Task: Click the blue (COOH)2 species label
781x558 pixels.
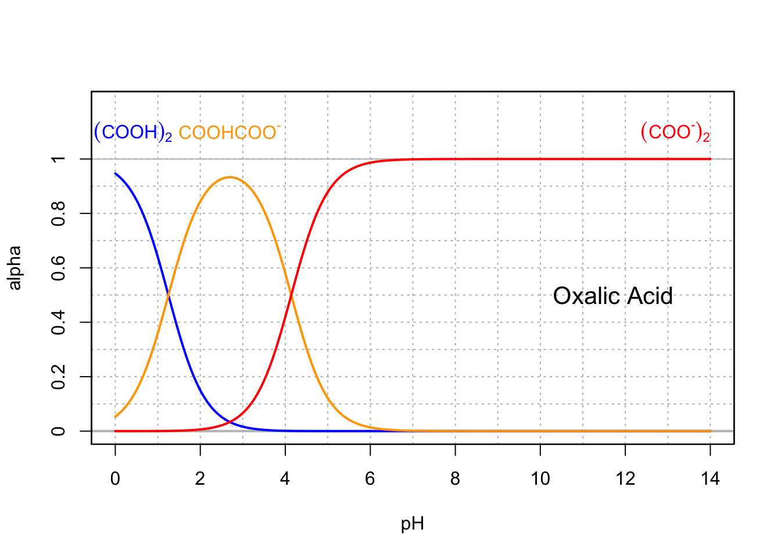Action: [132, 133]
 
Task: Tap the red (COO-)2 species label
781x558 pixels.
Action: [675, 133]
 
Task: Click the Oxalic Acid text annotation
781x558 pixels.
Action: [612, 296]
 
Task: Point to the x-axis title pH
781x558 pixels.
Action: [413, 524]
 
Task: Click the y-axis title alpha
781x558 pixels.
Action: [15, 268]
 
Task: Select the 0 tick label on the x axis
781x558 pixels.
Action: [115, 479]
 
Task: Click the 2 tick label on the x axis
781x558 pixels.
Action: [200, 479]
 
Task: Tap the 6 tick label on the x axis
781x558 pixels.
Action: [370, 479]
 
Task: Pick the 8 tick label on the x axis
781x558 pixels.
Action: [455, 479]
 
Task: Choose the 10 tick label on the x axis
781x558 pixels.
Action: [540, 479]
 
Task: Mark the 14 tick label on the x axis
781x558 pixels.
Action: [710, 479]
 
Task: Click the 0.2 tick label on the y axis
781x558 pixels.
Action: [58, 377]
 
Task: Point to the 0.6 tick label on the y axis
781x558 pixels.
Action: [58, 268]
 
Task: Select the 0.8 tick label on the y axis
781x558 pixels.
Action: [58, 213]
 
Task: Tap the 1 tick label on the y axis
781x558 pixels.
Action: [58, 159]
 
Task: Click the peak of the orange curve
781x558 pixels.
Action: [230, 177]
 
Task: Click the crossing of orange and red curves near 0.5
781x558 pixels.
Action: [291, 295]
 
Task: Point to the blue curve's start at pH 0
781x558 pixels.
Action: [116, 174]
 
